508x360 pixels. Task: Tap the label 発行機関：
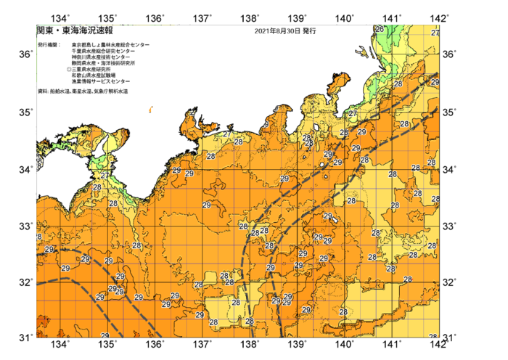click(49, 45)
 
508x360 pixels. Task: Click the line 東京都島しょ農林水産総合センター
click(111, 45)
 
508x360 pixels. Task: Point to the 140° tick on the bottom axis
click(345, 345)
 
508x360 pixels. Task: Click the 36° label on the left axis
click(25, 54)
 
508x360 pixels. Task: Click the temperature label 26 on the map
click(378, 29)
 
